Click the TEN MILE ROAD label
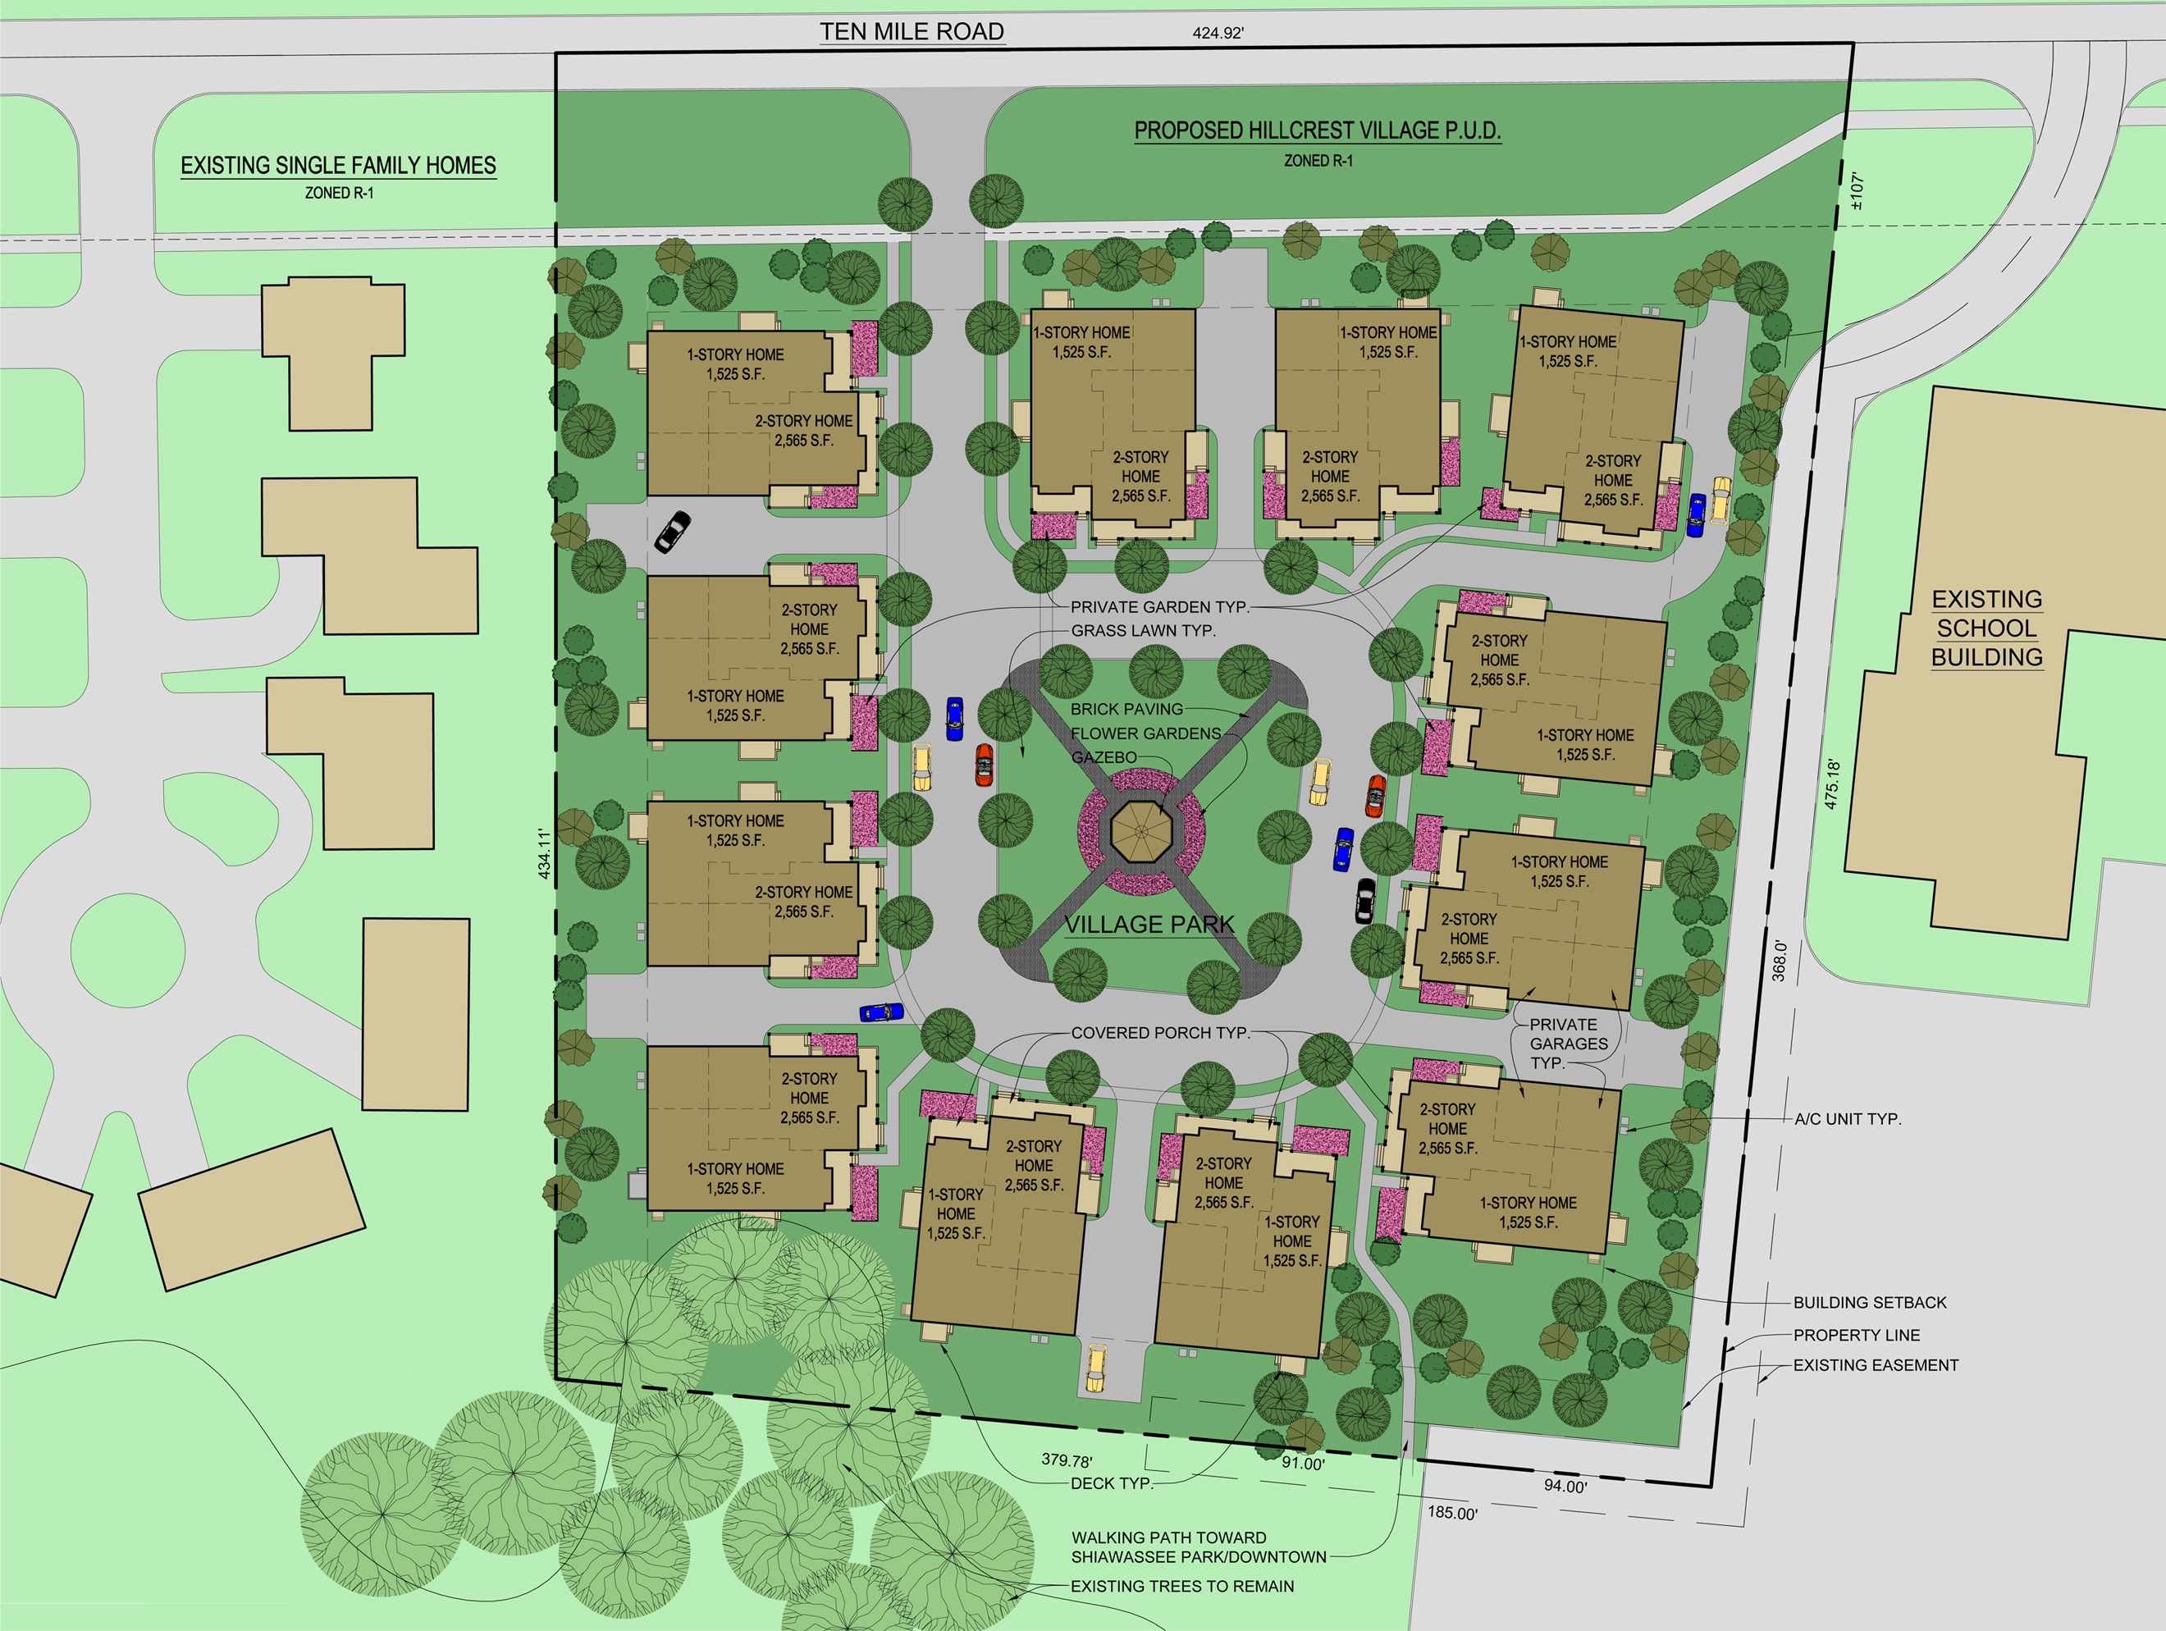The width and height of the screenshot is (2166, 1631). (x=912, y=31)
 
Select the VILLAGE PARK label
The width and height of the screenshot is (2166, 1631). (x=1149, y=924)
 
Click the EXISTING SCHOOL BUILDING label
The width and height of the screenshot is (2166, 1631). (x=1987, y=628)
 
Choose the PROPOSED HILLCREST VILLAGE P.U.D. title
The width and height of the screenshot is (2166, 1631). (x=1317, y=130)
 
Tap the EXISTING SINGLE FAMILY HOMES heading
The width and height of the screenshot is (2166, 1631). (x=338, y=166)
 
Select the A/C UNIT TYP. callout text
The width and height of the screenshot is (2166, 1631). (x=1847, y=1118)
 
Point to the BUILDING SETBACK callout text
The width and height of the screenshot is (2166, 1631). (x=1869, y=1302)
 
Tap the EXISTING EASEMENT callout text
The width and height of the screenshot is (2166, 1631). (x=1876, y=1364)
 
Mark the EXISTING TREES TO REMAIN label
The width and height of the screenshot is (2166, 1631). (x=1182, y=1586)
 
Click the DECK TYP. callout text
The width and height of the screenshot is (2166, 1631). (x=1112, y=1483)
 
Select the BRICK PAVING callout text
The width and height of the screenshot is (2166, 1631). (x=1126, y=709)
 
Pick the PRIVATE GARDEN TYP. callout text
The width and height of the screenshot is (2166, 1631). (x=1159, y=607)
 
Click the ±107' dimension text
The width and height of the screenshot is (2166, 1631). (x=1857, y=191)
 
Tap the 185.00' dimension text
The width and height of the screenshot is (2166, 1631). (x=1452, y=1513)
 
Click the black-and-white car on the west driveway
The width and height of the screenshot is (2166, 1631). (x=672, y=532)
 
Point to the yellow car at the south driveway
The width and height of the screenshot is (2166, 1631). (x=1096, y=1368)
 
